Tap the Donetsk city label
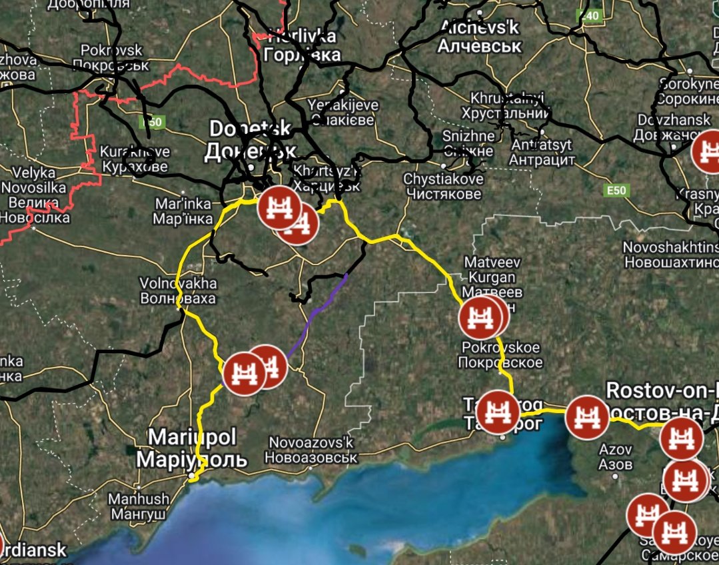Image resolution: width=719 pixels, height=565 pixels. pyautogui.click(x=250, y=139)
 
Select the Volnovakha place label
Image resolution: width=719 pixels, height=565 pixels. pyautogui.click(x=178, y=290)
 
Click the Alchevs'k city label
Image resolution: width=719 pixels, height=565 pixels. pyautogui.click(x=480, y=37)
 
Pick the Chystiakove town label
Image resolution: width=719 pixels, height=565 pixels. pyautogui.click(x=442, y=187)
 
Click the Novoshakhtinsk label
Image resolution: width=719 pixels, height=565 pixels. pyautogui.click(x=670, y=255)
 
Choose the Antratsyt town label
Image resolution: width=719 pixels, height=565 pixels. pyautogui.click(x=541, y=153)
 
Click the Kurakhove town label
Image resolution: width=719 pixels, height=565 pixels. pyautogui.click(x=135, y=159)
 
